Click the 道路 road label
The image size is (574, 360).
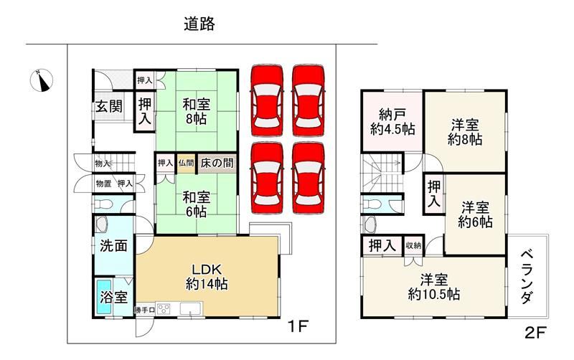coord(199,24)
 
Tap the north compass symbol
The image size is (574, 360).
coord(42,80)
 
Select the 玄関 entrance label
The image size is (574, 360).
coord(109,106)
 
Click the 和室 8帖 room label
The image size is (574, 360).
coord(197,112)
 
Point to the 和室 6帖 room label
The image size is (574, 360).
coord(197,204)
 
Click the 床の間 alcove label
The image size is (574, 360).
coord(217,164)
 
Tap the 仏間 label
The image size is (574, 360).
coord(186,164)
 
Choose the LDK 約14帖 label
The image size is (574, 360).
coord(207,277)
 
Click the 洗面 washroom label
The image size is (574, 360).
coord(113,246)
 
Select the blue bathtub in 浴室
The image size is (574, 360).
coord(104,297)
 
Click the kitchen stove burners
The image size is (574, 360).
coord(164,309)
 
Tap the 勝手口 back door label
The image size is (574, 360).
coord(145,311)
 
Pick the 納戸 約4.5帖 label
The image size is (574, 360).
coord(392,122)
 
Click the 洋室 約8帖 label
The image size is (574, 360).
coord(464,132)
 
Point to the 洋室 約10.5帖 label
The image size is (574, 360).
coord(434,287)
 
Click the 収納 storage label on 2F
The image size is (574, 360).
coord(413,246)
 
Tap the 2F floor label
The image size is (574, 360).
coord(535,333)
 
